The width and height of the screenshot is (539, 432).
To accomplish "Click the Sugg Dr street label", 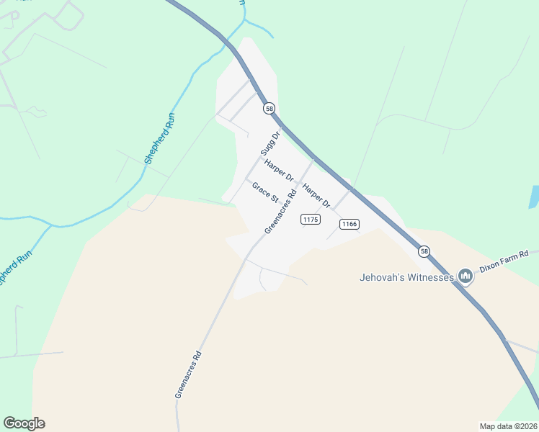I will [269, 144].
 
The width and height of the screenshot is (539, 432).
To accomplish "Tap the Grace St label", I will [264, 191].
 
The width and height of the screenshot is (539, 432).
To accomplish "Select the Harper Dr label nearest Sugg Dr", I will [280, 171].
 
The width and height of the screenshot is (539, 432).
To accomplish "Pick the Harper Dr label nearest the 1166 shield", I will [316, 196].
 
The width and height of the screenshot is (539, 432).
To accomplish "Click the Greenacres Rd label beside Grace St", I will [281, 211].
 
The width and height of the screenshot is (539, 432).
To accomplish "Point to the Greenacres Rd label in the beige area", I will [187, 374].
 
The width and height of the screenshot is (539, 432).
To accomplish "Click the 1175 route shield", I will [311, 219].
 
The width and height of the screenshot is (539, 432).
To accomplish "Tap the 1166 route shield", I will [349, 224].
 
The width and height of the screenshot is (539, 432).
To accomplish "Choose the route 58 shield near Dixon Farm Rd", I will [424, 251].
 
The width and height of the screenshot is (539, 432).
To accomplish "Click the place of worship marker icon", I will [465, 276].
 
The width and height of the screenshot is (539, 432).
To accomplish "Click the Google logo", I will [24, 423].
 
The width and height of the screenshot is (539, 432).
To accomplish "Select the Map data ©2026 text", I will [508, 426].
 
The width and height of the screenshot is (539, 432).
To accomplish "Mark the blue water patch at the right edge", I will [534, 197].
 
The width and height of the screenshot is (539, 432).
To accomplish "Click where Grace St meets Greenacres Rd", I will [282, 204].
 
